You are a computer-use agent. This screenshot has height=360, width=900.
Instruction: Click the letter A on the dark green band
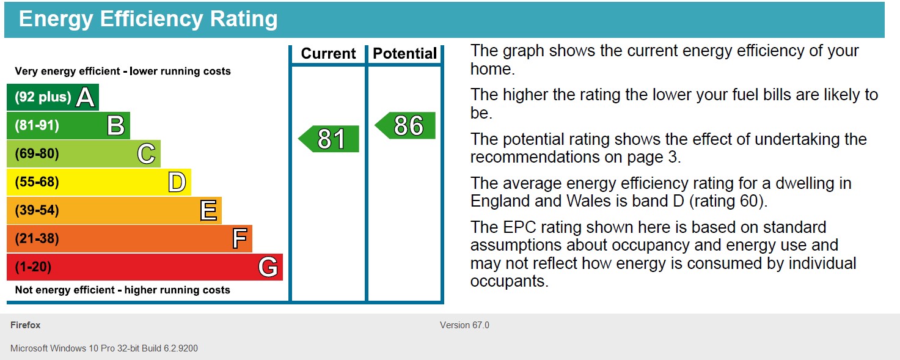point(86,97)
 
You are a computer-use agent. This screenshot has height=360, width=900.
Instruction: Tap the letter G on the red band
point(268,267)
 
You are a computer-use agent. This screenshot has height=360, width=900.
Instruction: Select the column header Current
point(328,54)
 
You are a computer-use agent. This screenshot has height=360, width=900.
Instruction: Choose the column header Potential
point(405,54)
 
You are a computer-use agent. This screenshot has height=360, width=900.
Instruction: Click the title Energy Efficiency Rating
point(148,20)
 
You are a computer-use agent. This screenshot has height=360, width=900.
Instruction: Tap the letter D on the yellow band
point(177,182)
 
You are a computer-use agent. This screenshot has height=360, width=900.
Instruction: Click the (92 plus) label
point(43,97)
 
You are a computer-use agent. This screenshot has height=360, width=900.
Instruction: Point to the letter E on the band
point(208,211)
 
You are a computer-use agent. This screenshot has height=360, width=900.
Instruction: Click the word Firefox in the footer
point(26,325)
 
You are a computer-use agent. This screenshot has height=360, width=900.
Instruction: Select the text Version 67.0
point(464,325)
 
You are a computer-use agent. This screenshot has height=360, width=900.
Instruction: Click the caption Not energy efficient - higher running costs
point(122,290)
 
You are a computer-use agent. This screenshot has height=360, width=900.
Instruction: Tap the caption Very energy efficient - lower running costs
point(122,71)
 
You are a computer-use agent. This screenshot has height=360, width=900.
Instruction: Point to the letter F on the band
point(239,239)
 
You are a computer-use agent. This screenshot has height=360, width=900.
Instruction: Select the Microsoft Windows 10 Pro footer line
point(104,348)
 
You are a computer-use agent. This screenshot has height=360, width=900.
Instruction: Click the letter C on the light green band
point(146,154)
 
